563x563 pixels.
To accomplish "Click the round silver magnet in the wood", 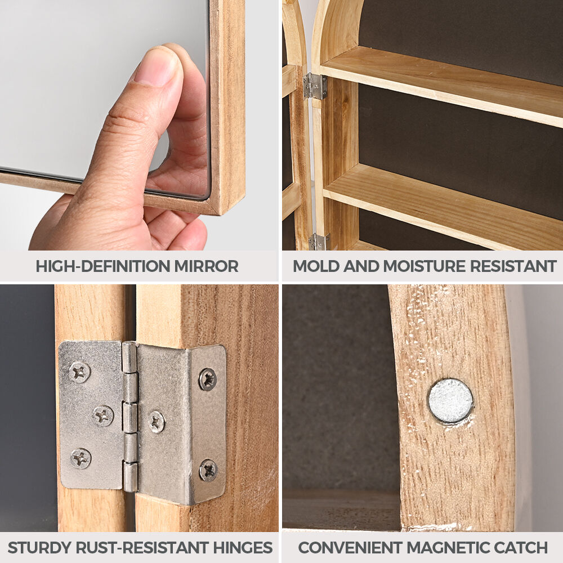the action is pos(450,401).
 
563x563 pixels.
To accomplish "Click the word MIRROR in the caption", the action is pos(206,266).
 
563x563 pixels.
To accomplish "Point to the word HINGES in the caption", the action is pos(243,548).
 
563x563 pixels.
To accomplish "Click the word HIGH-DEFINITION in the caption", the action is pos(103,266).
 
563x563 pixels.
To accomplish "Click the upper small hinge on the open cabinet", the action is pos(315,86).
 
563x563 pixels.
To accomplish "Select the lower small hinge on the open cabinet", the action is pos(319,242).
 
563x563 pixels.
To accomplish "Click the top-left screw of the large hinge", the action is pos(80,372).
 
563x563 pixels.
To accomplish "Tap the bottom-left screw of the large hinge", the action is pos(81,458).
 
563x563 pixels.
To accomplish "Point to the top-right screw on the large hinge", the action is pos(208,379).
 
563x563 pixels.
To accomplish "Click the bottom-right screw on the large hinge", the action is pos(209,470).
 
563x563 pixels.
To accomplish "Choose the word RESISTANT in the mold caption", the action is pos(513,266).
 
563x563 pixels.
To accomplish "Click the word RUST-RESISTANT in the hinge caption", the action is pos(142,548).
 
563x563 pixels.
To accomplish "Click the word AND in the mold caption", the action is pos(361,266).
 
